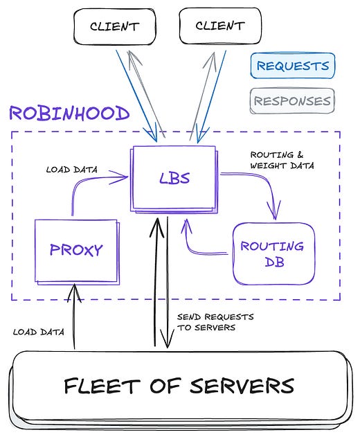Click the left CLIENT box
114,27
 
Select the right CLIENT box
219,27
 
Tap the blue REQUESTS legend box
291,66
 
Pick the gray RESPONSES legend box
291,101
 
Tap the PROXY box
76,249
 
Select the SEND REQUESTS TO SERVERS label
215,322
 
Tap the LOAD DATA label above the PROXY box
71,169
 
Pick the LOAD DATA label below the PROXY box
39,332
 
